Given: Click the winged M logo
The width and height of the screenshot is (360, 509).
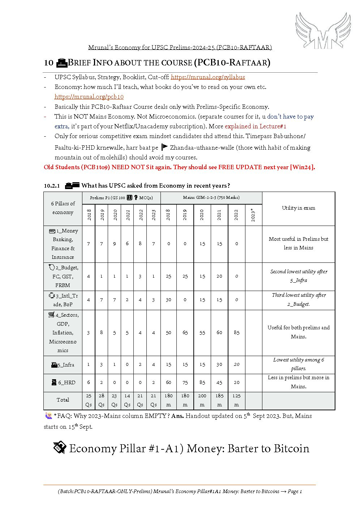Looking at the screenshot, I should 323,31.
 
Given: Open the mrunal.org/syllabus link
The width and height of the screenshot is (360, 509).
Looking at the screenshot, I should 208,77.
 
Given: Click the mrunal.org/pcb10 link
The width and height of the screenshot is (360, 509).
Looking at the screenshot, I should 89,97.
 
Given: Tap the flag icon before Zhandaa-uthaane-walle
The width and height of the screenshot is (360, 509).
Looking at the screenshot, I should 164,147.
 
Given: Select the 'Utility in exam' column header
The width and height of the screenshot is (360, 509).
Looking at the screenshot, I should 299,208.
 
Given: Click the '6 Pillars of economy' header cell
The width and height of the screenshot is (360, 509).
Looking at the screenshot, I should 63,208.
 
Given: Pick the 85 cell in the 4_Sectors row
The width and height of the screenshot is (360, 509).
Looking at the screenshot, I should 236,332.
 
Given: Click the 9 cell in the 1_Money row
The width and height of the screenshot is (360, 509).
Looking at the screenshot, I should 114,244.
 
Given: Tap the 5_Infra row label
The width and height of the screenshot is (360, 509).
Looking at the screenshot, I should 63,365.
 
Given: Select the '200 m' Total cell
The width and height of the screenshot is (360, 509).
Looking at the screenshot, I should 202,400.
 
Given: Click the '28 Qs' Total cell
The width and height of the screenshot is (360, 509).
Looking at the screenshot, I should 102,400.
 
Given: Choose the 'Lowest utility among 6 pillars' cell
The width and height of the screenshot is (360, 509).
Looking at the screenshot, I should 299,364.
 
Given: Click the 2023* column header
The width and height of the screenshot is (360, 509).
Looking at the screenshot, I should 253,215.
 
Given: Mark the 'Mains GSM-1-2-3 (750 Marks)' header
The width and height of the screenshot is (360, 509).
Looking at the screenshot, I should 211,197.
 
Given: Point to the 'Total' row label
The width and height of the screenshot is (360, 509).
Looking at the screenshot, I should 63,400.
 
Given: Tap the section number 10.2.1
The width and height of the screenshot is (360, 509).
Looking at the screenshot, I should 52,185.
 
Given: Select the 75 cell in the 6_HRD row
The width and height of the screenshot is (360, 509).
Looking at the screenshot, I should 185,382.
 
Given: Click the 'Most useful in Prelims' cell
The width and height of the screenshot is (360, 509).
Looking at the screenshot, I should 299,243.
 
